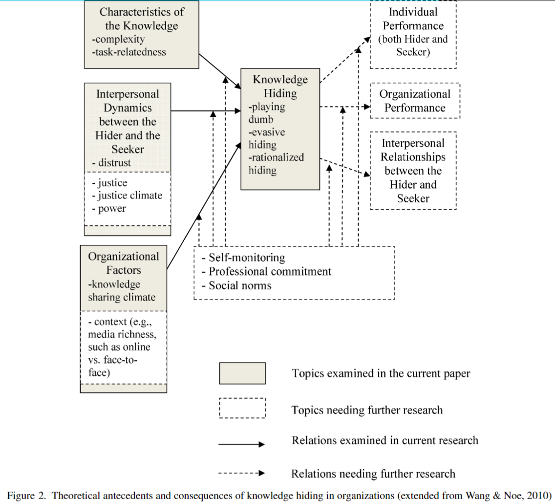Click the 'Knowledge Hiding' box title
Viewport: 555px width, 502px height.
280,86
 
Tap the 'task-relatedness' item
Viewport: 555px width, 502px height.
128,52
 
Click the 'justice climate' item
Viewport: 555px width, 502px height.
129,196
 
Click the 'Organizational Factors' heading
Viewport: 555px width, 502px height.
124,263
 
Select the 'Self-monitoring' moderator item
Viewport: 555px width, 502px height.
247,258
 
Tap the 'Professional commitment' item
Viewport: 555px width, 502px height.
270,271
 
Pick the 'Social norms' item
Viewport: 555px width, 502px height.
239,285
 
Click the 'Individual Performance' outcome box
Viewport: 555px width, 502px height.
413,32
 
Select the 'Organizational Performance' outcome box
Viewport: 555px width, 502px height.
415,101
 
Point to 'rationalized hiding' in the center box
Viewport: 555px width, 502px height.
276,164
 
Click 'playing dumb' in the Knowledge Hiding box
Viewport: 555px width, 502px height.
267,112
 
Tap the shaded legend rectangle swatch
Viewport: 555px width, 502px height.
242,373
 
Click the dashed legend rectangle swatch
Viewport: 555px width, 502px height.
242,408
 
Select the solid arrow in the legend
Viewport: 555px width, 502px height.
242,444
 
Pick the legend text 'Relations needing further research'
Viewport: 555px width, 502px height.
373,474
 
